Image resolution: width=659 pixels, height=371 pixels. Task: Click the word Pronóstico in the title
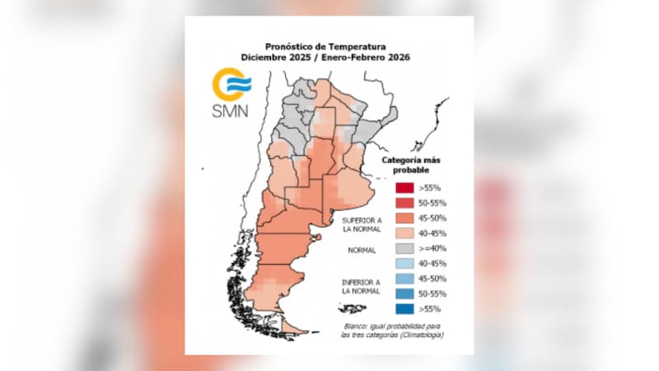coord(287,47)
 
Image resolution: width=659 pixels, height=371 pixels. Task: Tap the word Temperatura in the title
coord(363,47)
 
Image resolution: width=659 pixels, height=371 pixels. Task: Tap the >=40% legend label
coord(430,248)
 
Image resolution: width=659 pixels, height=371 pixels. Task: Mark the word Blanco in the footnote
coord(356,326)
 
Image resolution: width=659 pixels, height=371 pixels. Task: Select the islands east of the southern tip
coord(352,308)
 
